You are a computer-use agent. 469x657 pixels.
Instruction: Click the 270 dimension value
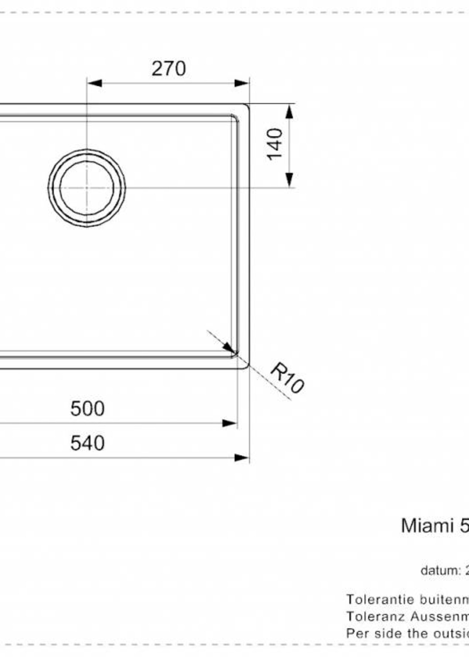(x=169, y=69)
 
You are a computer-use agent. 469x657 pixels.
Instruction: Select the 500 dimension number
(x=87, y=408)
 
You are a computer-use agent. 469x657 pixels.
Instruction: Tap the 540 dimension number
(x=87, y=443)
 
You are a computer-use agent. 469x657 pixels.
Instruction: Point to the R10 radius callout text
(x=287, y=377)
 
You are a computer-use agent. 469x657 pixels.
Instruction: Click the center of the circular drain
(x=87, y=188)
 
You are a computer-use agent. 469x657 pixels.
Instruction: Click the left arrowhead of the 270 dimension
(x=95, y=83)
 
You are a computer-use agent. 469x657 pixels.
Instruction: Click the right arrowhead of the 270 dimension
(x=241, y=83)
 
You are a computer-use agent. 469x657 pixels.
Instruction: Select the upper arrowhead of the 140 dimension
(x=289, y=112)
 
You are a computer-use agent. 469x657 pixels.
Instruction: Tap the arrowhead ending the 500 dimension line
(x=230, y=424)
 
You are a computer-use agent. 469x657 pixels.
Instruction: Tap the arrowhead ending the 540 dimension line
(x=241, y=458)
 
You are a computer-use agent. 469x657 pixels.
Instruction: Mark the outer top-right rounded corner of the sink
(x=247, y=105)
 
